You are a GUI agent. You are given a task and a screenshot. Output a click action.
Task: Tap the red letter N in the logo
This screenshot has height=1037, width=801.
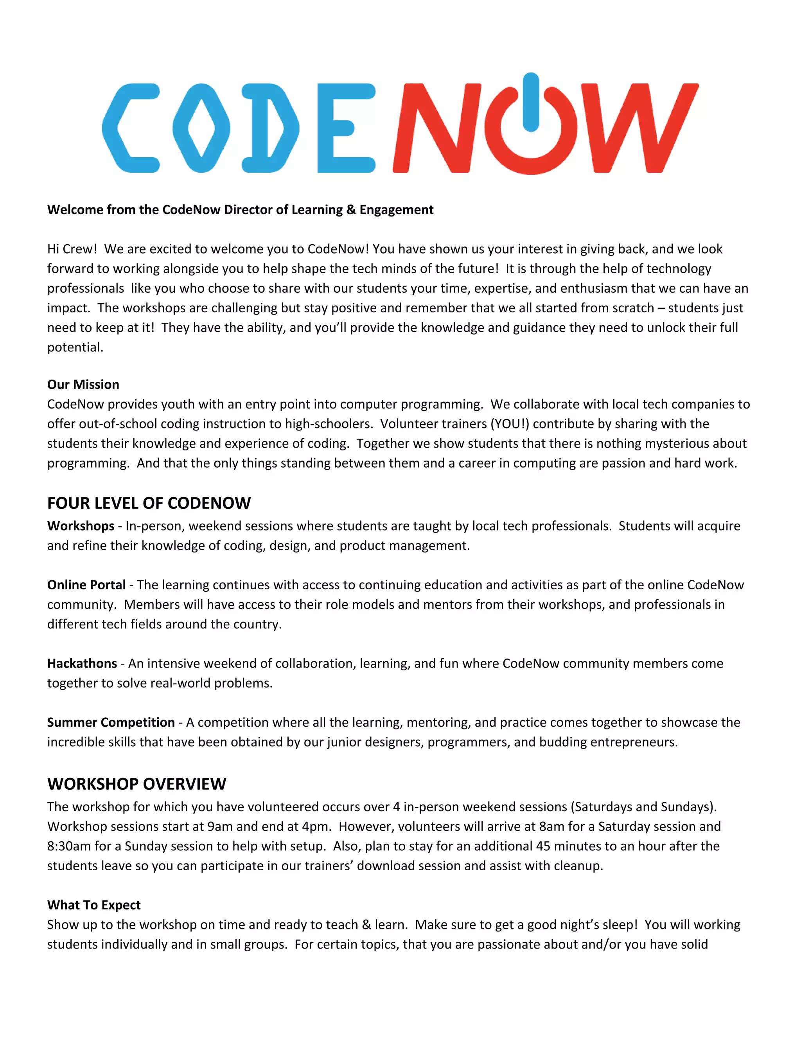(x=436, y=128)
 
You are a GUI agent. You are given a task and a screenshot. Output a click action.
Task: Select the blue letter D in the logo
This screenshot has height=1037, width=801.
(x=269, y=128)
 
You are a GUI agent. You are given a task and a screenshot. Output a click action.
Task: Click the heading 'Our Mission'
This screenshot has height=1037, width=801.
(x=83, y=384)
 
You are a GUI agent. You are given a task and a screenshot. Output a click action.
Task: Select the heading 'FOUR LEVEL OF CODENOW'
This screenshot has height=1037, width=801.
(x=149, y=503)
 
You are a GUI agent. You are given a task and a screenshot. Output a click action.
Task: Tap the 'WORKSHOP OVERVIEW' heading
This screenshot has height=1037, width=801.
(x=136, y=784)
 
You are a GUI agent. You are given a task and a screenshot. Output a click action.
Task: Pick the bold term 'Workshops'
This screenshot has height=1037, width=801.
(x=81, y=526)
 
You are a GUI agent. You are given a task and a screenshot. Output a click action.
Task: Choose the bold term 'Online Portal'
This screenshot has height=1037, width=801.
(x=86, y=585)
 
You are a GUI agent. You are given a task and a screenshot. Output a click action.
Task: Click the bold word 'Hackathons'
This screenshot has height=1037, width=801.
(x=82, y=663)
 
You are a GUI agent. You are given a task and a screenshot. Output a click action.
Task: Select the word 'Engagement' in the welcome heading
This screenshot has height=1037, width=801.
(x=396, y=209)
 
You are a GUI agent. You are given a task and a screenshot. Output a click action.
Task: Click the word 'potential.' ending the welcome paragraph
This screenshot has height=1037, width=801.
(x=75, y=347)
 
